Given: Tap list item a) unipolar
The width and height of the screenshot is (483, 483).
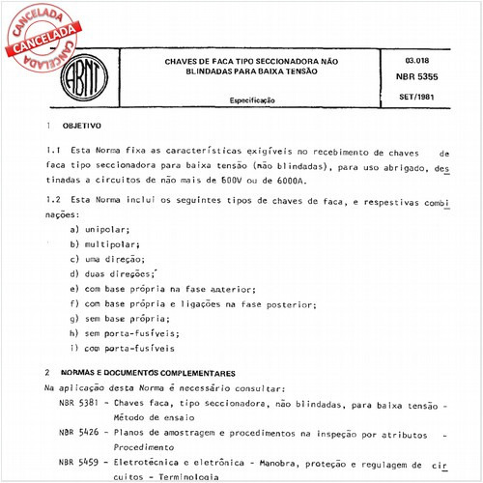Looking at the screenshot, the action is pos(100,229).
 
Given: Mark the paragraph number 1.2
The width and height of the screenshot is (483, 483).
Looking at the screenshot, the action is pos(53,198).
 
